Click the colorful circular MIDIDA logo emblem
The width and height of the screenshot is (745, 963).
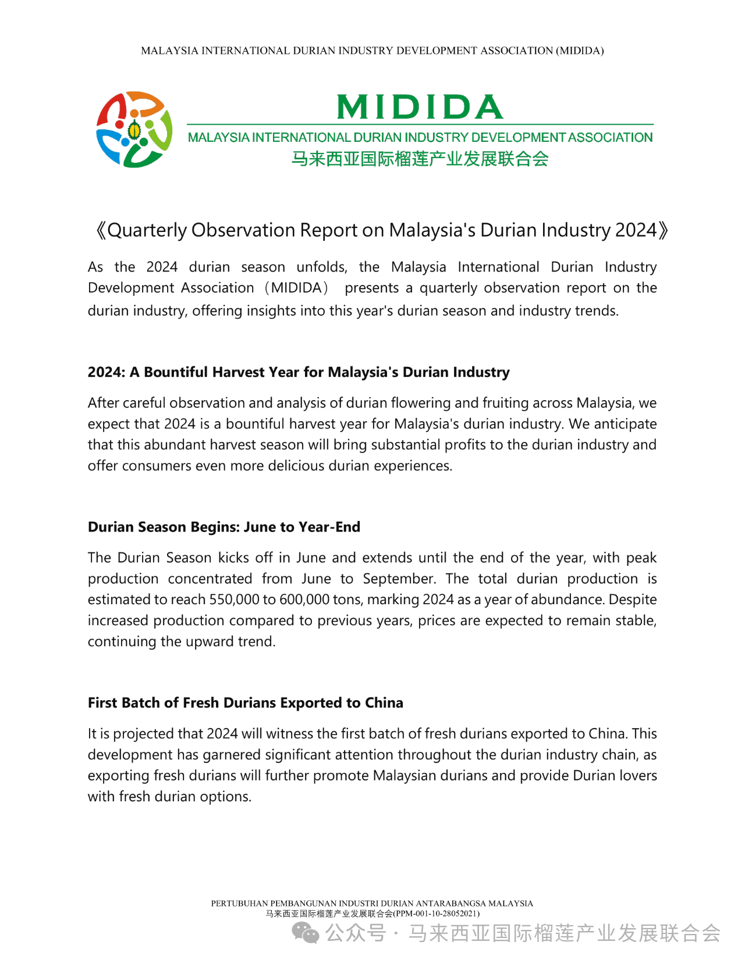pos(134,130)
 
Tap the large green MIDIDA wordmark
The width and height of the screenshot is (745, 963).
pos(420,107)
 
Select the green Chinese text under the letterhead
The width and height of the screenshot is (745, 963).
pos(420,159)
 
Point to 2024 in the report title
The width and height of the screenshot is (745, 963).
pos(636,230)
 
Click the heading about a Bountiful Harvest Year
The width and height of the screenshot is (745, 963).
pos(299,372)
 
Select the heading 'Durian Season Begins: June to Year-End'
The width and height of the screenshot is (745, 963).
pos(224,527)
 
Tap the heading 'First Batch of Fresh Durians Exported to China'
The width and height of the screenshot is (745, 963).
pos(246,702)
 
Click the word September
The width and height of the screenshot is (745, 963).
pos(399,579)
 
